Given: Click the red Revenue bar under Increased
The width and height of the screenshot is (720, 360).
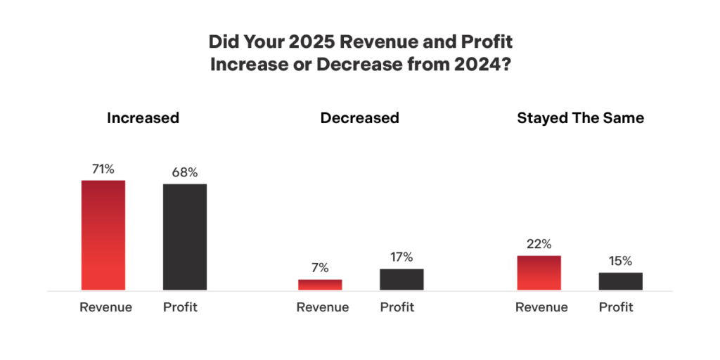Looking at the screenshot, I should [103, 235].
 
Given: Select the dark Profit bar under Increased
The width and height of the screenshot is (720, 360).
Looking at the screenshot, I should [185, 237].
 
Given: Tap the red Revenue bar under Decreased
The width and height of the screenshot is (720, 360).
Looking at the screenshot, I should [320, 285].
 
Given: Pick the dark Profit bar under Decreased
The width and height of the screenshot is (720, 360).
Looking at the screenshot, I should [401, 279].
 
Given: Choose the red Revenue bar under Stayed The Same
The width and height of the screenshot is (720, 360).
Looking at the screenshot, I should [539, 273].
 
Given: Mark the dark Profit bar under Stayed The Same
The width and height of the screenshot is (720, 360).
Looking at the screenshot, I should [620, 281].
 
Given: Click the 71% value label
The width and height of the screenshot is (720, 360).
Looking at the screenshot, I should [103, 169].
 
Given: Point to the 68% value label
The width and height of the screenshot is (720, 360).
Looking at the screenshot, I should [185, 172].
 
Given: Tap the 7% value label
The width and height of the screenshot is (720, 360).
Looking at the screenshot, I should [320, 268].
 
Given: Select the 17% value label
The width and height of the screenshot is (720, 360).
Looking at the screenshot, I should [401, 257].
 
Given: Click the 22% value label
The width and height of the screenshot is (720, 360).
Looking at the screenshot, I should [539, 243].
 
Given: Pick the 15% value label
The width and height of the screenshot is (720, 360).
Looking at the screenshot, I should [620, 261].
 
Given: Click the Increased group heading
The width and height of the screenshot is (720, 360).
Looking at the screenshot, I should [143, 118].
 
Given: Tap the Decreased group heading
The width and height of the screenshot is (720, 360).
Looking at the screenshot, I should [359, 118].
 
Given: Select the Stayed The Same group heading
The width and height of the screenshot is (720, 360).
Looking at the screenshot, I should [580, 118].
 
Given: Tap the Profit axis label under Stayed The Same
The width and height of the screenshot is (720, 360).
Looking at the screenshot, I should [616, 307].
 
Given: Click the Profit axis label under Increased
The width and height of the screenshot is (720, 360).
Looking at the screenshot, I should [180, 307].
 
